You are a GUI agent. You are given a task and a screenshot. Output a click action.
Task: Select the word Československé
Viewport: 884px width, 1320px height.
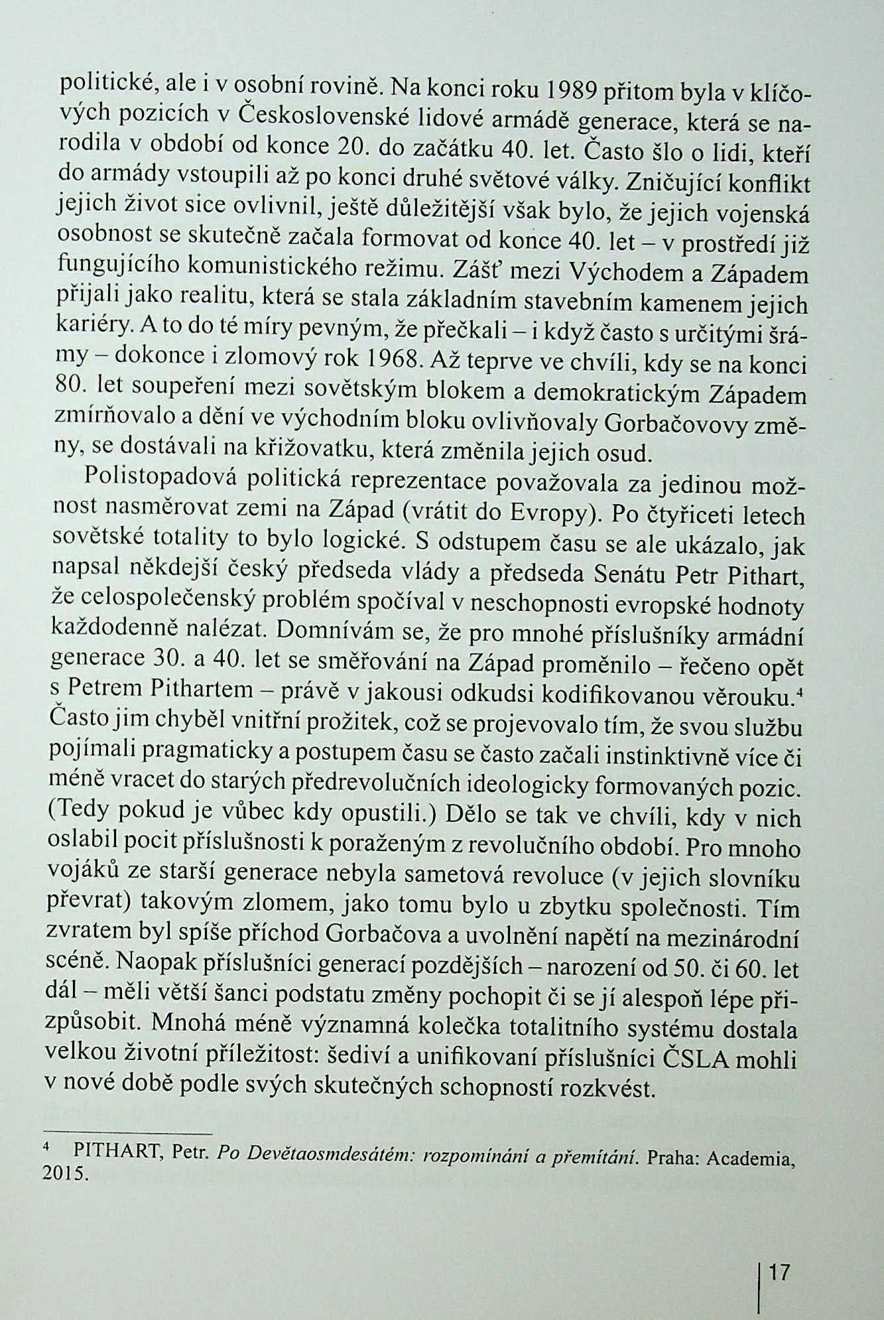tap(326, 117)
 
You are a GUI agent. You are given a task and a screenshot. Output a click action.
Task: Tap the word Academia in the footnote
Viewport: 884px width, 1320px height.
tap(749, 1159)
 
